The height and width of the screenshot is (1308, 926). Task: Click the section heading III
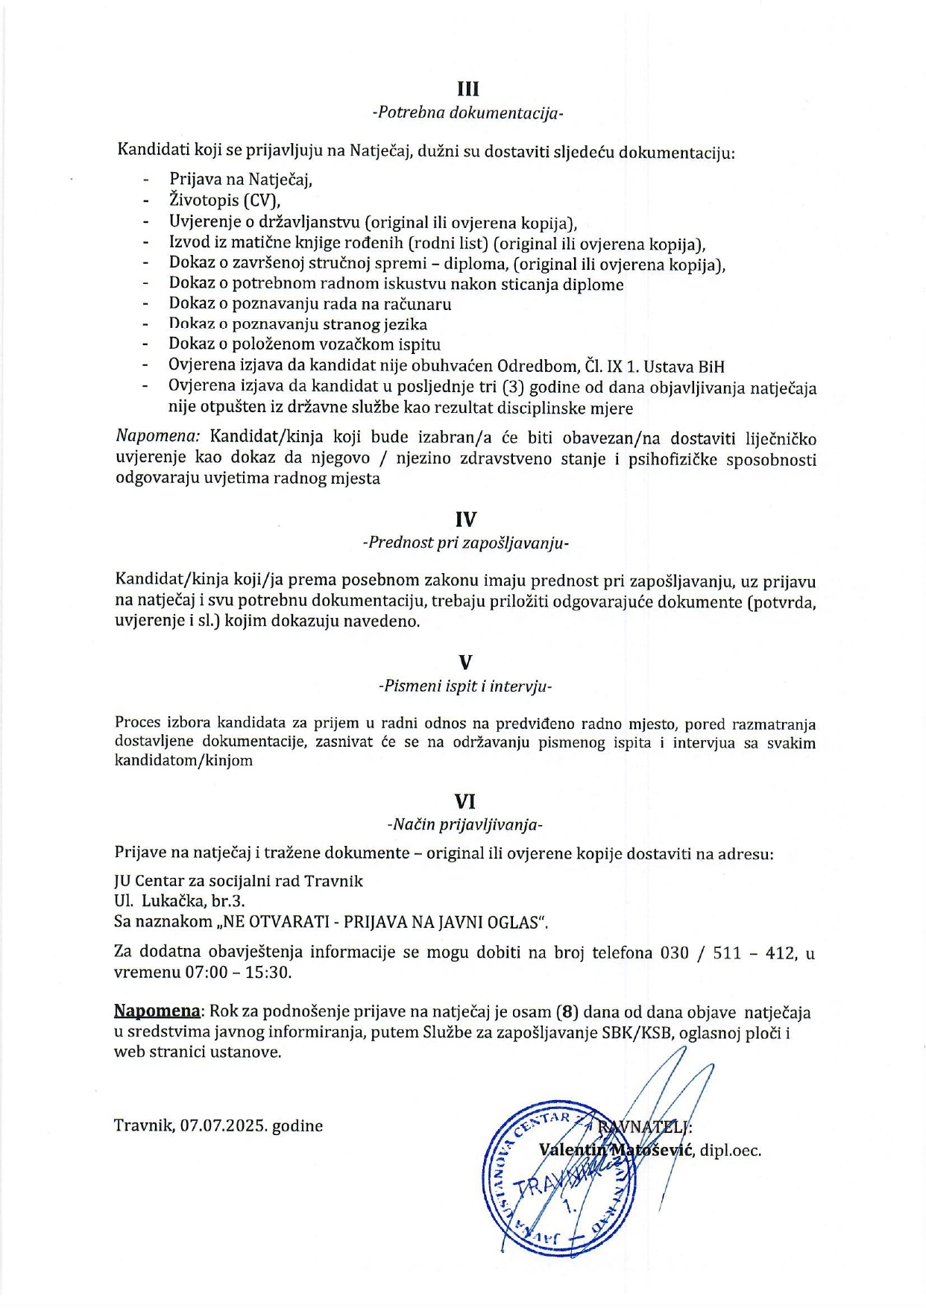coord(467,89)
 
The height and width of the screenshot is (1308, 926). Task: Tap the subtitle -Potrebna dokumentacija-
coord(467,113)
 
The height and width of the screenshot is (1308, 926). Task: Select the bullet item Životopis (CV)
coord(224,200)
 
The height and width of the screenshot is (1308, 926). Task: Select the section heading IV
coord(466,519)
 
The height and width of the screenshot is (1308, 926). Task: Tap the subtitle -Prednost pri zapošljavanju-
coord(466,543)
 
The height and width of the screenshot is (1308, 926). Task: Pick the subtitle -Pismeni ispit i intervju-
coord(466,686)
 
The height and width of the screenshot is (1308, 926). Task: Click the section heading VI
coord(465,801)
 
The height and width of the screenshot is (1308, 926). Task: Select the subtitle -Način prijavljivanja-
coord(465,825)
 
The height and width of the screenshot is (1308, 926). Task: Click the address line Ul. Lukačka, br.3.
coord(180,901)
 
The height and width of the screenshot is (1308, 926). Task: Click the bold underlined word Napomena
coord(157,1012)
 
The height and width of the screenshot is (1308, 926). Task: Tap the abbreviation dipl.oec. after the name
coord(730,1151)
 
